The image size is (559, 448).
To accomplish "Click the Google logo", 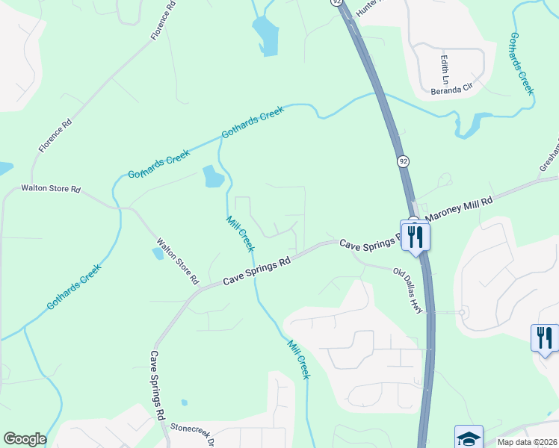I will point(25,439).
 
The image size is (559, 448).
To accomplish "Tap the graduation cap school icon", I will point(469,438).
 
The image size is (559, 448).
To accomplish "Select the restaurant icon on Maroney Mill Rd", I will point(415,236).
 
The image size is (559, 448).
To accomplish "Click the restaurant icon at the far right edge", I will point(544,337).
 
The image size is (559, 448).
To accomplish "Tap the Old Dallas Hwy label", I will point(409,290).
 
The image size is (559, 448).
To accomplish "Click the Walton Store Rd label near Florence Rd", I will point(50,189).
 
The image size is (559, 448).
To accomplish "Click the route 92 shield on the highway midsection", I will point(403,161).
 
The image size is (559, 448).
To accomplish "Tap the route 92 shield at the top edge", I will point(338,3).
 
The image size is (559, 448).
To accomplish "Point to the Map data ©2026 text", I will point(526,441).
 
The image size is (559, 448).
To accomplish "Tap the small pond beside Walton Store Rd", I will point(158,253).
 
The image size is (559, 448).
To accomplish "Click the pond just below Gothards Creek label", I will point(212,177).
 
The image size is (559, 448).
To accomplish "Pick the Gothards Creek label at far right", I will point(522,63).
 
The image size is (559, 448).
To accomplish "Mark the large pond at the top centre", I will point(265,34).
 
